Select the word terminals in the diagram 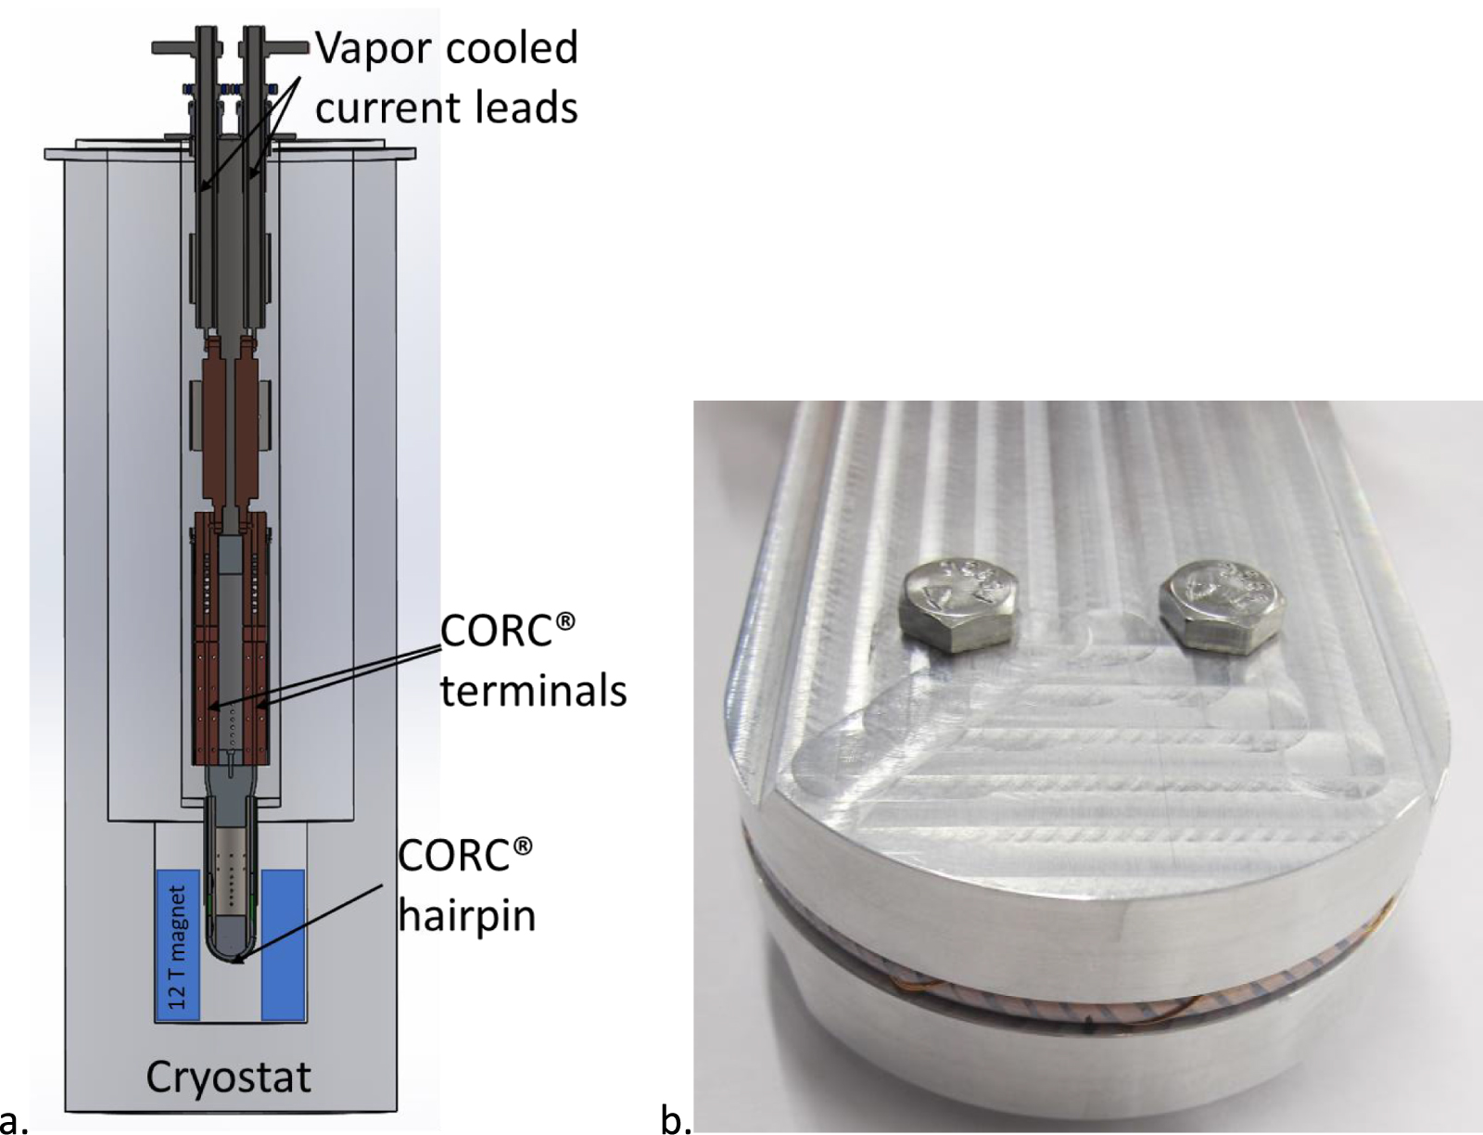[x=533, y=691]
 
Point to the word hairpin [x=467, y=916]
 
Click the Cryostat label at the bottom [x=228, y=1078]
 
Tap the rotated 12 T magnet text [x=178, y=947]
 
